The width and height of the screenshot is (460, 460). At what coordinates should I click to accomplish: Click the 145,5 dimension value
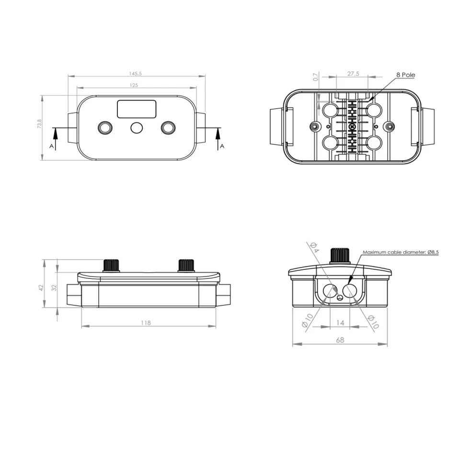click(135, 74)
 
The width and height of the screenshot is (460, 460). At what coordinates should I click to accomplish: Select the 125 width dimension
click(134, 85)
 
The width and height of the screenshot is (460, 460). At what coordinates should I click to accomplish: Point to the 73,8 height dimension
click(40, 124)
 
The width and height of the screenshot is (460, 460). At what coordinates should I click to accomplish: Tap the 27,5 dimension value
click(353, 74)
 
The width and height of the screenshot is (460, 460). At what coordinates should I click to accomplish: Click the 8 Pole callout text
click(405, 75)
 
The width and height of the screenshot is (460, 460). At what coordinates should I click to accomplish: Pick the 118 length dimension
click(146, 323)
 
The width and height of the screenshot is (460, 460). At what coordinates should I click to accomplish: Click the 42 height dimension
click(41, 288)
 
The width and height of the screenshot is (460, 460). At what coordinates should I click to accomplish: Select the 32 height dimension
click(54, 288)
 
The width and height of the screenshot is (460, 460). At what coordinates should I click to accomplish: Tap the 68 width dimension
click(340, 340)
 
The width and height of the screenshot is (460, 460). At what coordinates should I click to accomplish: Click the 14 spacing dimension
click(340, 323)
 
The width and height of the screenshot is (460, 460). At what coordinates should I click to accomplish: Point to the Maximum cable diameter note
click(401, 252)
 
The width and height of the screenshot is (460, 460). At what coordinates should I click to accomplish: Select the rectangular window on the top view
click(137, 109)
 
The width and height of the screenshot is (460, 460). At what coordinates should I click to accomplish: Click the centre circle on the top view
click(137, 128)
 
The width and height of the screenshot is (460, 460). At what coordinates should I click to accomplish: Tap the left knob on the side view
click(111, 265)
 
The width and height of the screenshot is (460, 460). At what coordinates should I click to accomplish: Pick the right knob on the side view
click(186, 265)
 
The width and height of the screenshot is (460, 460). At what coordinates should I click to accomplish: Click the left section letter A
click(51, 146)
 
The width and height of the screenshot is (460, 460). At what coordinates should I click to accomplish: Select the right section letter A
click(222, 146)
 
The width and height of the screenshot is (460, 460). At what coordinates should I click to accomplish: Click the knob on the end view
click(340, 255)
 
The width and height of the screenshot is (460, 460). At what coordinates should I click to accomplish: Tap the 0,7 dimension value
click(315, 77)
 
